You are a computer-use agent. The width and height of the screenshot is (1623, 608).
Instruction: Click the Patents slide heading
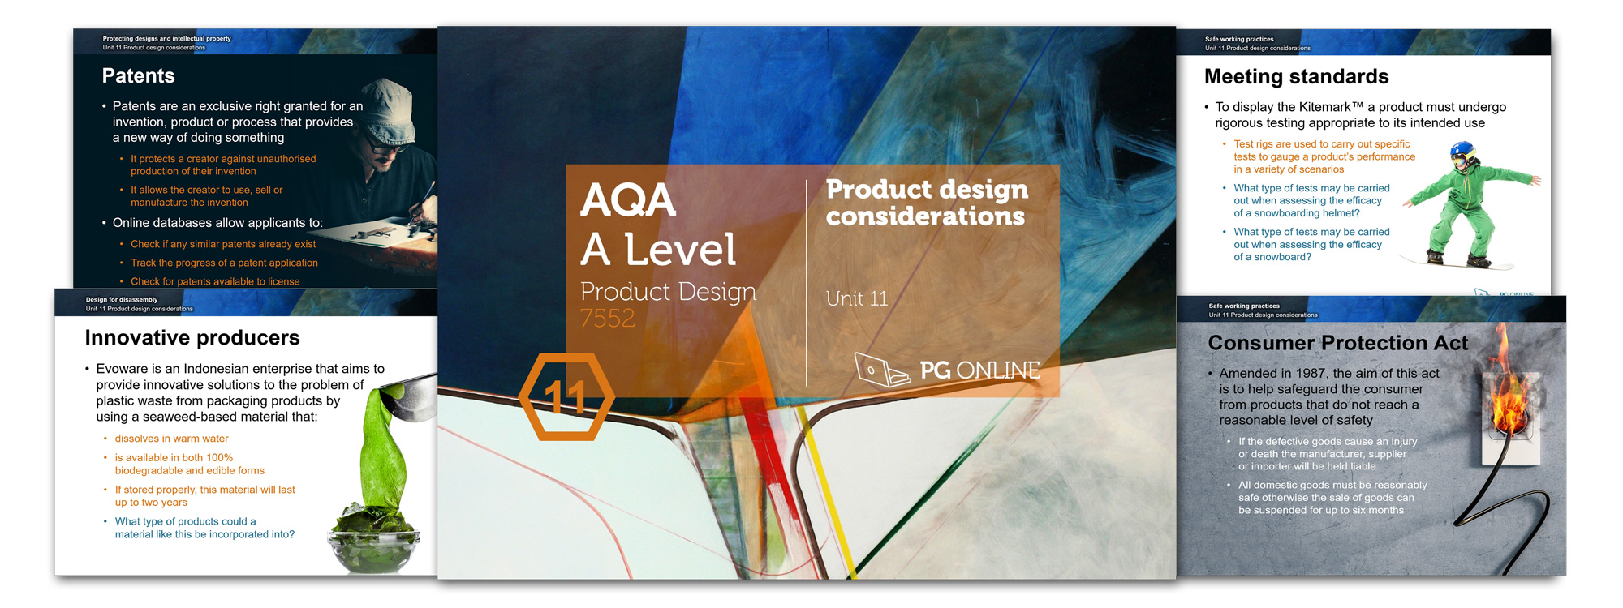[138, 76]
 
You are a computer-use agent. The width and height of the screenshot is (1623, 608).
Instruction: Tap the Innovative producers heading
[192, 338]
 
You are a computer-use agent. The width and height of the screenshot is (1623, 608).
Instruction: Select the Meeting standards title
[1296, 77]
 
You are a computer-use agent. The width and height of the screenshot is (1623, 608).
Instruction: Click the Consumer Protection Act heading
[1337, 343]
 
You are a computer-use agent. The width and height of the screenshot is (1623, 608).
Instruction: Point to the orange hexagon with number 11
[566, 396]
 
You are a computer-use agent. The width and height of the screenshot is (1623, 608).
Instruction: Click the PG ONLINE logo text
[979, 370]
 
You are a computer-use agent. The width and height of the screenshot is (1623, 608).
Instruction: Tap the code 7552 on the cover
[608, 319]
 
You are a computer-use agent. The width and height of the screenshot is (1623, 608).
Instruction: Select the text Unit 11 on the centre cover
[857, 299]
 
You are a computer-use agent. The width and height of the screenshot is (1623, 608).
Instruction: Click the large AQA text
[628, 200]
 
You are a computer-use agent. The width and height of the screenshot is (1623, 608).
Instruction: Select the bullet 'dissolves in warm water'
[171, 439]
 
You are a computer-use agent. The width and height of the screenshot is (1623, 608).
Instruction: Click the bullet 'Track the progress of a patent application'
[224, 263]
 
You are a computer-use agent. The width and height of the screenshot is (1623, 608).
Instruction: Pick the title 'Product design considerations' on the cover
[927, 203]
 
